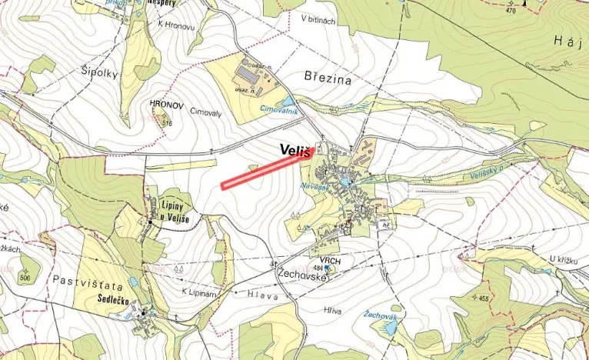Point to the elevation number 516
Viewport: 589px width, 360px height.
point(168,123)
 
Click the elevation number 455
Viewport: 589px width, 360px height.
point(484,298)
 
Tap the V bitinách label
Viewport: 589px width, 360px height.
point(318,20)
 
